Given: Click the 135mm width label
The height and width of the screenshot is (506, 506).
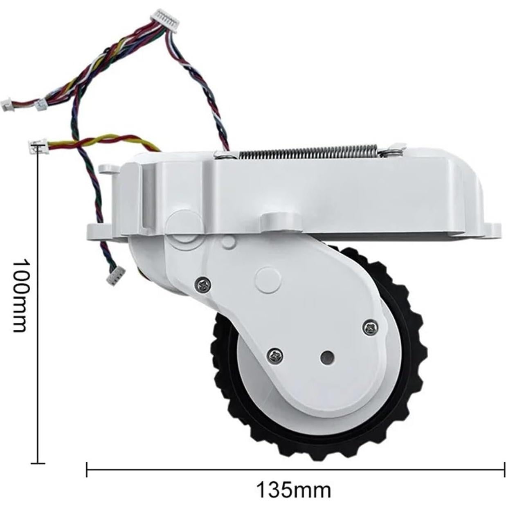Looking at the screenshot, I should pyautogui.click(x=293, y=489).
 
